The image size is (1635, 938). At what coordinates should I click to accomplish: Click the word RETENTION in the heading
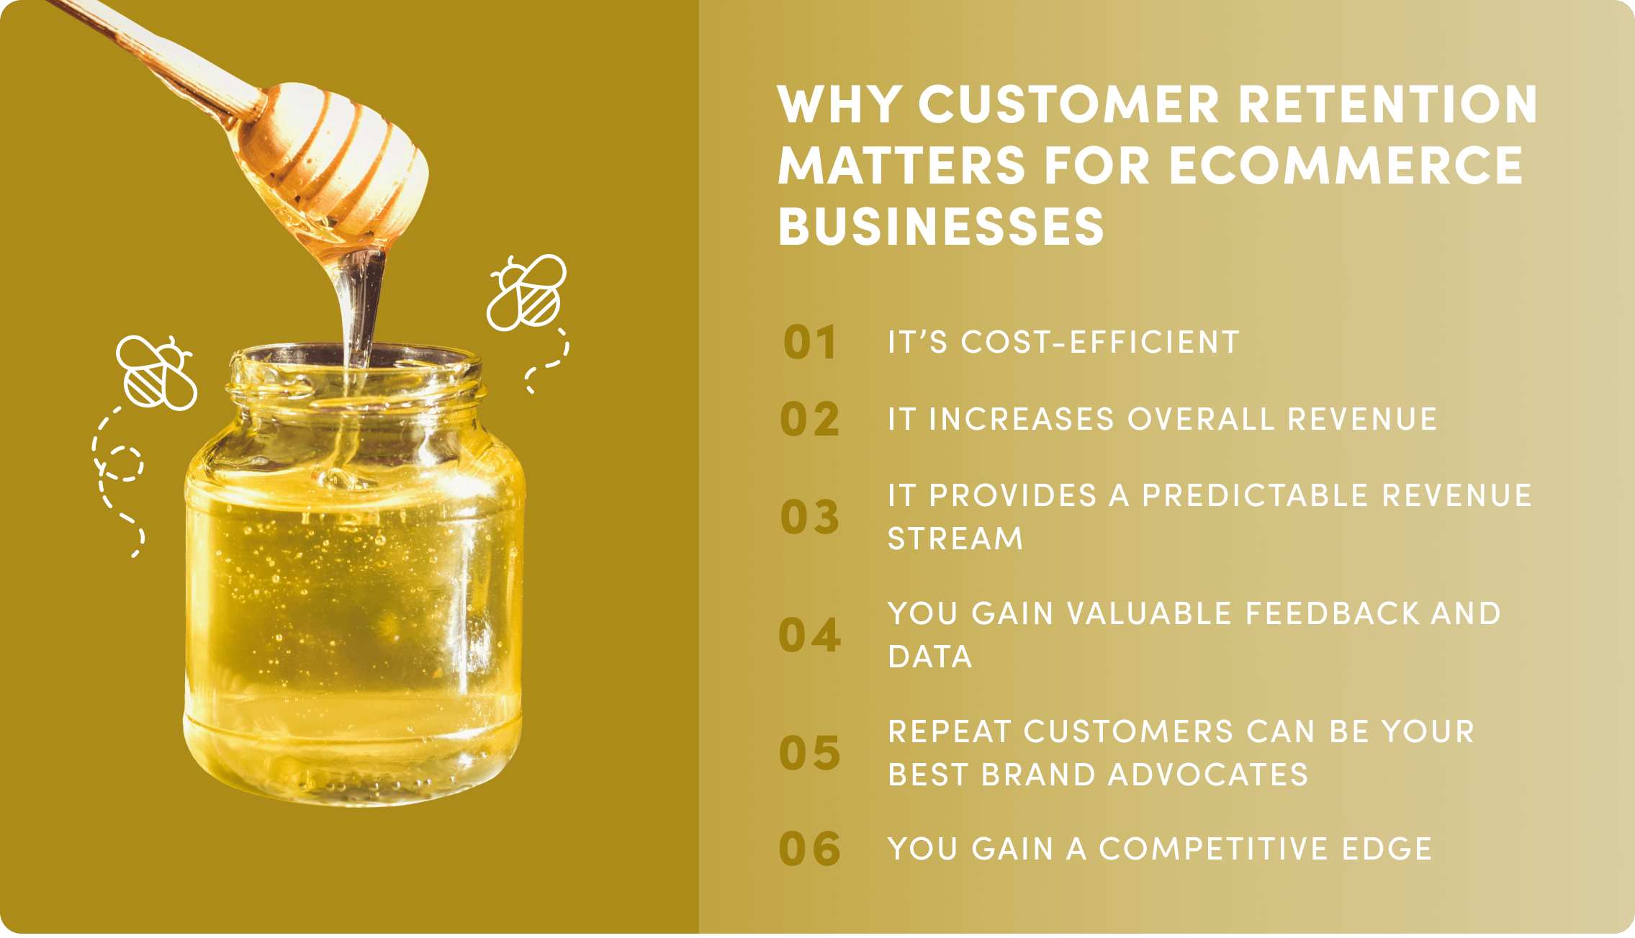[1387, 105]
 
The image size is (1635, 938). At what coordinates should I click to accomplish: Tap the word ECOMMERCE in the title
[1345, 166]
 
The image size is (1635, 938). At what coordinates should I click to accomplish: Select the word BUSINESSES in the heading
[940, 227]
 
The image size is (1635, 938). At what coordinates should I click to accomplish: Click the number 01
[810, 343]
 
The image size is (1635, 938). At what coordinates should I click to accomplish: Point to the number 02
[810, 420]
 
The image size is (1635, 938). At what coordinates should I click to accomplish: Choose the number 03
[810, 517]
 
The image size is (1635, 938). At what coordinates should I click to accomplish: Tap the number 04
[810, 635]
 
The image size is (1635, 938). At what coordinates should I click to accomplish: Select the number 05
[810, 753]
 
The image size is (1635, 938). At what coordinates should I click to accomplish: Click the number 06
[810, 849]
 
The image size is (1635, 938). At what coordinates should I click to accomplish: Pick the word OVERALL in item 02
[1200, 420]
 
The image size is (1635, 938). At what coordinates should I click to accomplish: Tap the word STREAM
[955, 539]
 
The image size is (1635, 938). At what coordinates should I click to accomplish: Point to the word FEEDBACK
[1332, 614]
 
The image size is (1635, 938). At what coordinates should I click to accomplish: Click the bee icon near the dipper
[526, 293]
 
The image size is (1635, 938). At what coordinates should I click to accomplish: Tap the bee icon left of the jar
[157, 372]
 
